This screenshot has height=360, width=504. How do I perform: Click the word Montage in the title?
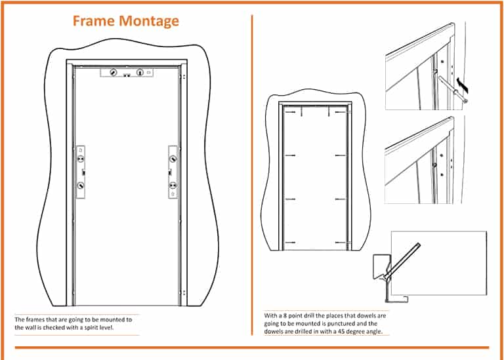[x=149, y=22]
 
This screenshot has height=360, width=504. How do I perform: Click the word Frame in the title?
[x=94, y=20]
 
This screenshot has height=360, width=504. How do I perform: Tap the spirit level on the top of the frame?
[x=127, y=73]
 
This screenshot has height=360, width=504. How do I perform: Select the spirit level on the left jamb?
[x=81, y=172]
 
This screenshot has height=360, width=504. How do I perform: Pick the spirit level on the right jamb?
[x=173, y=172]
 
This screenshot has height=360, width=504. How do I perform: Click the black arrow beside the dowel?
[x=463, y=85]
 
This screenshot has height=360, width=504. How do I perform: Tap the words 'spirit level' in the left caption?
[x=98, y=328]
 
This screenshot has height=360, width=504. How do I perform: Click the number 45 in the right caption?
[x=341, y=331]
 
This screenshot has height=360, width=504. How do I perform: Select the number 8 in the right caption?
[x=285, y=315]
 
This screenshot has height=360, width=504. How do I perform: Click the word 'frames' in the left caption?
[x=35, y=319]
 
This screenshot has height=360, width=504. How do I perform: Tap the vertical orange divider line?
[x=252, y=175]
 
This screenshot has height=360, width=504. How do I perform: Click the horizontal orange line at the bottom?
[x=252, y=348]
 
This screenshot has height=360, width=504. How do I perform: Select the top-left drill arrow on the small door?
[x=290, y=112]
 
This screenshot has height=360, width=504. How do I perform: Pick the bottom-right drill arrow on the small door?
[x=341, y=243]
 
